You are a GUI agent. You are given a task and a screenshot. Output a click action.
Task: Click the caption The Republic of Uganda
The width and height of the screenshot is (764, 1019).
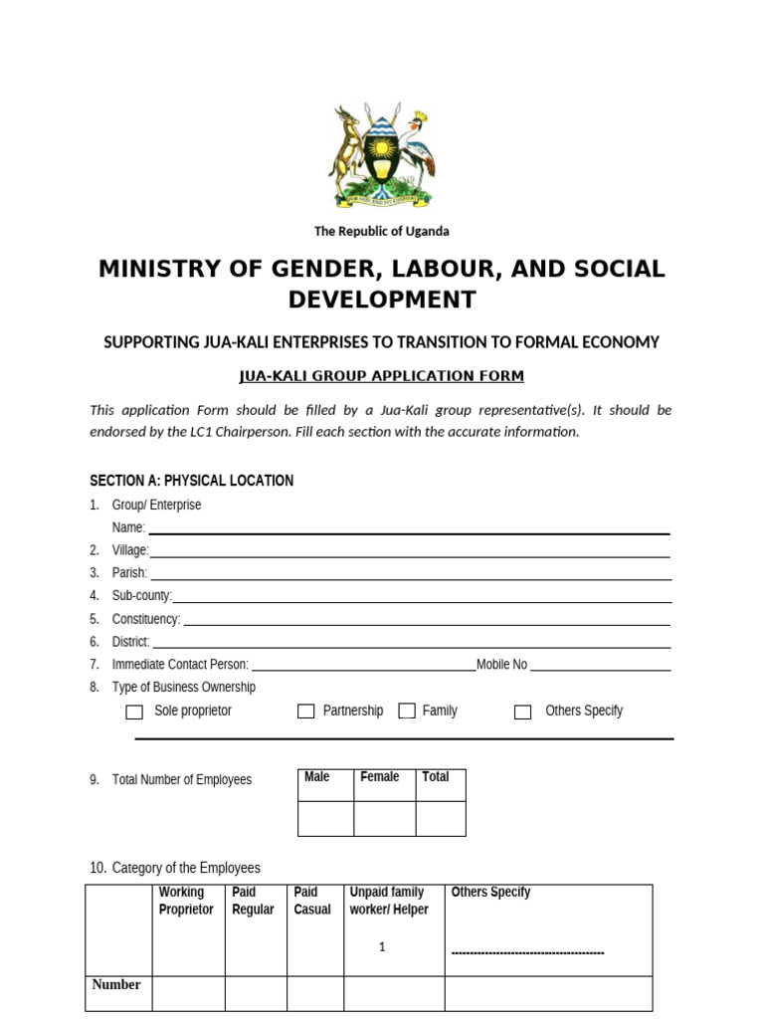click(x=382, y=231)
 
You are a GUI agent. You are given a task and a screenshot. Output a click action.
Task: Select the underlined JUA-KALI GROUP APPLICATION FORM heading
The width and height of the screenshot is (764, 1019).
click(x=382, y=376)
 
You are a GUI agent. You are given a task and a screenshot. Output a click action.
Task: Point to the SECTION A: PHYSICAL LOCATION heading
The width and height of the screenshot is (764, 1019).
click(x=191, y=481)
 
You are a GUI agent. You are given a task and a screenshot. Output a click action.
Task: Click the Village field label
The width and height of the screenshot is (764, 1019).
click(x=130, y=550)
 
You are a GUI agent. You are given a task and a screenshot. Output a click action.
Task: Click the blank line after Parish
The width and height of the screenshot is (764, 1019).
click(x=410, y=574)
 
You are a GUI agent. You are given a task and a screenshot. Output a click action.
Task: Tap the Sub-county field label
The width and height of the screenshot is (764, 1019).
click(x=142, y=596)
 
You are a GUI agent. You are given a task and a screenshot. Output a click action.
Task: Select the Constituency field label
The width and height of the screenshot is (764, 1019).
click(x=146, y=619)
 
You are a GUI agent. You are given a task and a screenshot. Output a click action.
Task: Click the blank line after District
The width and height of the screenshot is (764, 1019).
click(x=410, y=643)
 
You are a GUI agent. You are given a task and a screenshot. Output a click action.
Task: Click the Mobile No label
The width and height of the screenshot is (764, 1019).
click(x=502, y=665)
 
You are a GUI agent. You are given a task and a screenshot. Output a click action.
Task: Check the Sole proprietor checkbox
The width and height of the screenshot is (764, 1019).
click(x=134, y=712)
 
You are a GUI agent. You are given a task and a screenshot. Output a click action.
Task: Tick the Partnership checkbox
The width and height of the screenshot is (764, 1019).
click(x=306, y=712)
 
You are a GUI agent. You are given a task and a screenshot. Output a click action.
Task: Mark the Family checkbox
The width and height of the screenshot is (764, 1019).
click(x=407, y=712)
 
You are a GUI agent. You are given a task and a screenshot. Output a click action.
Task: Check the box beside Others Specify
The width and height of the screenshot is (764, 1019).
click(x=522, y=712)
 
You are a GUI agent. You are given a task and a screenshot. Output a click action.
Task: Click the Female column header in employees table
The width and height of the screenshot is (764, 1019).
click(x=380, y=777)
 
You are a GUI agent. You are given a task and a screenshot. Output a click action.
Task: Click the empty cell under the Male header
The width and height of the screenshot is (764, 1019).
click(x=325, y=818)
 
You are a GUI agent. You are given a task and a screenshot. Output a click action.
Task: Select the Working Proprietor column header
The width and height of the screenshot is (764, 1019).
click(x=186, y=901)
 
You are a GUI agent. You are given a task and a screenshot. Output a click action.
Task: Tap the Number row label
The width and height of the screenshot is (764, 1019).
click(x=116, y=985)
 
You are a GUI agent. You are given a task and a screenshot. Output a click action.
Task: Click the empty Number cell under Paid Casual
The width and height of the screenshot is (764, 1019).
click(x=315, y=992)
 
